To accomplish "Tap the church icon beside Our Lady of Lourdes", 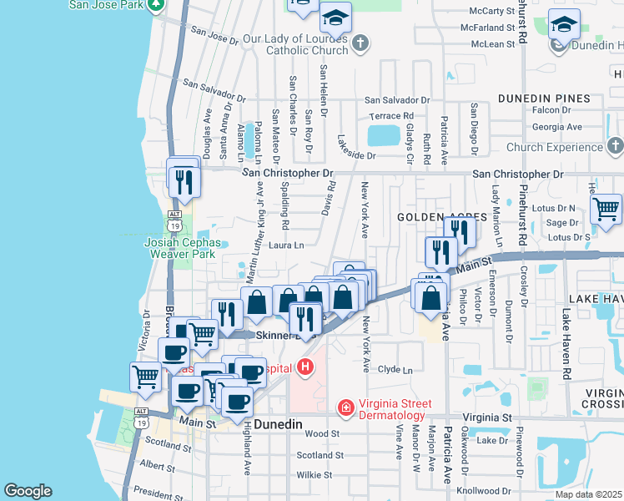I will tap(360, 43).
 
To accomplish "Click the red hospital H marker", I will tap(306, 367).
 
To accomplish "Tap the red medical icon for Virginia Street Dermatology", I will tap(345, 407).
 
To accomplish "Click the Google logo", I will tap(28, 491).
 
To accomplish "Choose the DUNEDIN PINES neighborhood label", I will tap(544, 99).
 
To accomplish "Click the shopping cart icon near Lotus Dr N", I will tap(606, 208).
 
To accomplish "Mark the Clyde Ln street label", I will tap(395, 370).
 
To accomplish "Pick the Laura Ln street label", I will tap(285, 245).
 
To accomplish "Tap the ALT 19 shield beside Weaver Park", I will tap(174, 225).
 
